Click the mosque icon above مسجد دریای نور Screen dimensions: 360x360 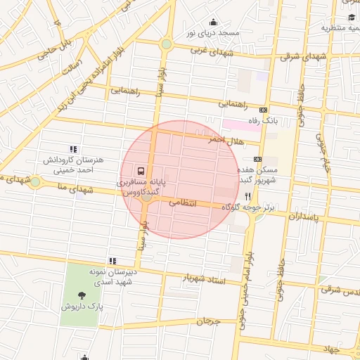pyautogui.click(x=214, y=22)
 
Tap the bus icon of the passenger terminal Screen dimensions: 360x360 pyautogui.click(x=141, y=170)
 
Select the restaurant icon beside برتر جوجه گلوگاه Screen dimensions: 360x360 pyautogui.click(x=247, y=197)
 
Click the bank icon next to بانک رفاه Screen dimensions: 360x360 pyautogui.click(x=264, y=110)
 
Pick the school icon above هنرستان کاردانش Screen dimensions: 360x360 pyautogui.click(x=73, y=149)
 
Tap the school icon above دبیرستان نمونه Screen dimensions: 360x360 pyautogui.click(x=112, y=262)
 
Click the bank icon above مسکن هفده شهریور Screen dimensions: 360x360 pyautogui.click(x=257, y=159)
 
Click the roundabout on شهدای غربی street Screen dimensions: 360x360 pyautogui.click(x=166, y=44)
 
